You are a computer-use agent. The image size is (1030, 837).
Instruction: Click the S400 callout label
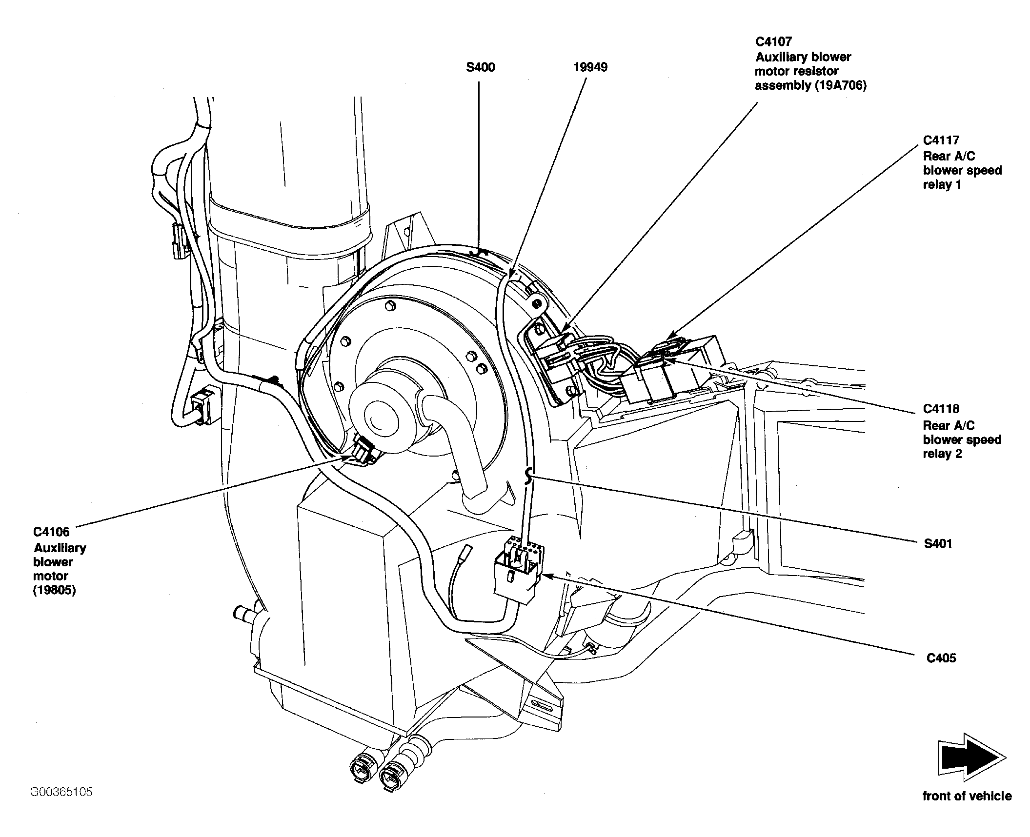(x=480, y=67)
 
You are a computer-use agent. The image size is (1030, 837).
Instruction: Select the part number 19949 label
(x=590, y=67)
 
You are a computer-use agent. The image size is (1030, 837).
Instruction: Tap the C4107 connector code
(x=774, y=41)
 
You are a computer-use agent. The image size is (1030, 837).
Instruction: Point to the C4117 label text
(x=941, y=140)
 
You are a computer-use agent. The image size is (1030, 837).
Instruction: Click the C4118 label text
(x=941, y=409)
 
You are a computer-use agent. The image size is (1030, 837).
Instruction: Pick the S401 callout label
(x=938, y=543)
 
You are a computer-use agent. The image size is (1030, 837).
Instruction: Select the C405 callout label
(x=941, y=658)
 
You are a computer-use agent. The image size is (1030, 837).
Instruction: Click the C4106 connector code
(x=51, y=532)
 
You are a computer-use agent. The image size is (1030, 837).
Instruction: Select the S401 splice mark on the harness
(x=527, y=476)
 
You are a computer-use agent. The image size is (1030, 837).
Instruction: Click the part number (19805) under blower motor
(x=55, y=590)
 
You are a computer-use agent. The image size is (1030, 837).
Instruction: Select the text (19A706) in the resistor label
(x=843, y=85)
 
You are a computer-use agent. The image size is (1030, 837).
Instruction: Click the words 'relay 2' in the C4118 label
(x=942, y=454)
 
